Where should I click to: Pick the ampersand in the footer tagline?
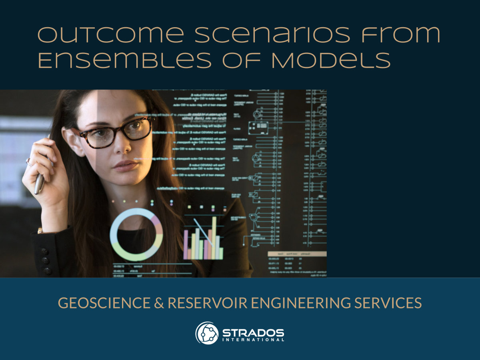(x=157, y=303)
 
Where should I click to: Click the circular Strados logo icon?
(x=207, y=333)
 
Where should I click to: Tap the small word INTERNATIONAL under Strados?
(x=253, y=340)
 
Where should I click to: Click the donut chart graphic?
(x=136, y=234)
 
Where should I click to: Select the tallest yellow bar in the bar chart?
(x=214, y=238)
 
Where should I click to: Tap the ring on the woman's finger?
(x=29, y=162)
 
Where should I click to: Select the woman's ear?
(x=74, y=142)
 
